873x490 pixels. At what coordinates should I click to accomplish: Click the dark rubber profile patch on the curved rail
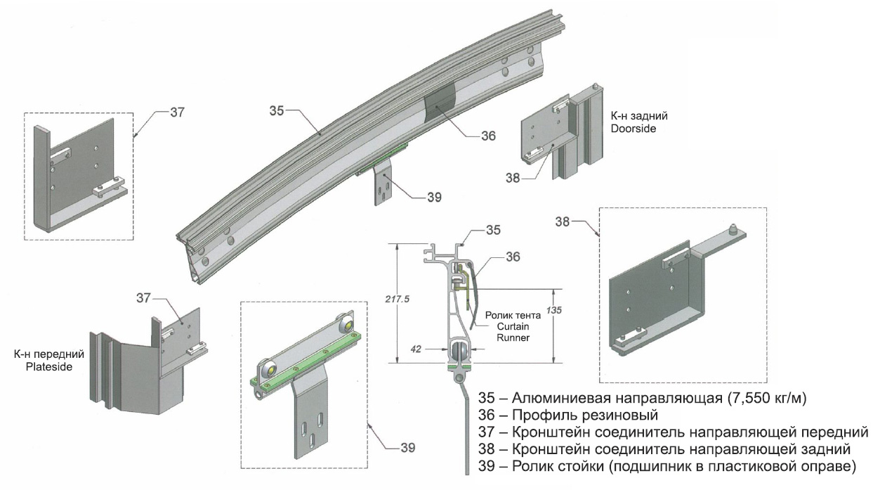tap(440, 105)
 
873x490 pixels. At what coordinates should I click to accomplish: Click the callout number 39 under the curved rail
tap(434, 198)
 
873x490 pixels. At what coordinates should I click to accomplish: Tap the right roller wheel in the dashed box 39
tap(345, 324)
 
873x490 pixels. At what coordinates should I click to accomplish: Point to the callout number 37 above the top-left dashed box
tap(178, 112)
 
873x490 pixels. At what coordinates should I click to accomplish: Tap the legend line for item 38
tap(664, 449)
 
